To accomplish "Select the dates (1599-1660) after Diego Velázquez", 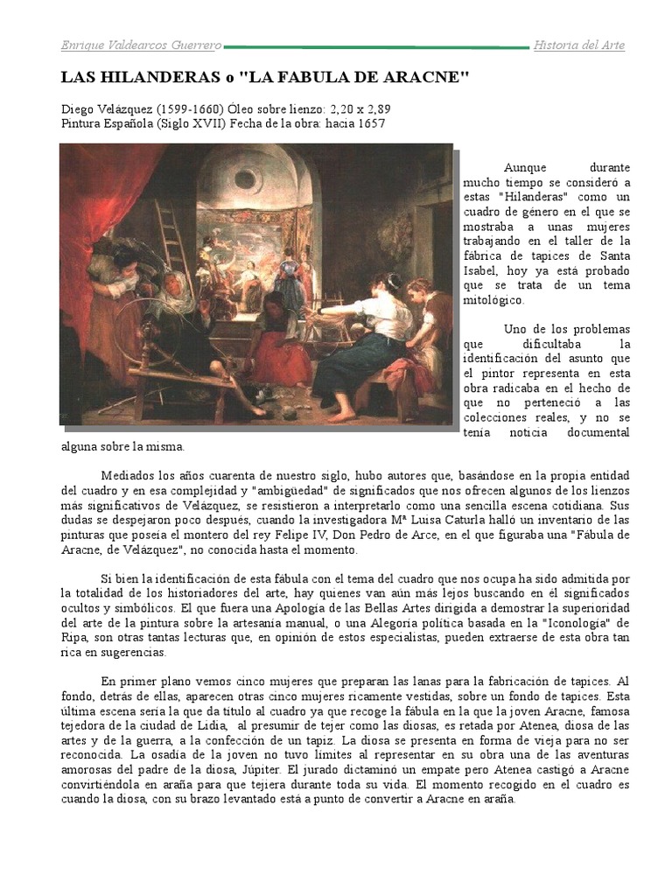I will coord(187,109).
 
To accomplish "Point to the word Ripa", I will coord(74,639).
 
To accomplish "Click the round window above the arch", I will coord(246,178).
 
